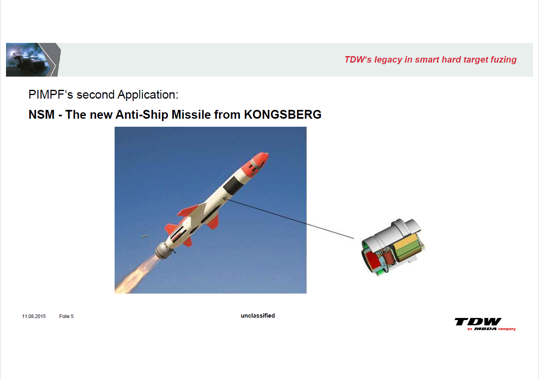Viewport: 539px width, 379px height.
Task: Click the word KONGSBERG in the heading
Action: coord(283,114)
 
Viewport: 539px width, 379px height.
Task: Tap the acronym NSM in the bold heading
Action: coord(42,114)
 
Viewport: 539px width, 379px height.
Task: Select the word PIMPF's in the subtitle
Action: coord(51,94)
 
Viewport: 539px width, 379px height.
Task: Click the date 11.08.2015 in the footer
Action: coord(34,316)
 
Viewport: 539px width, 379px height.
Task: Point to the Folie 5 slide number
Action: coord(67,316)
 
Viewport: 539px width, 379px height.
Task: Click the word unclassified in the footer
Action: coord(258,315)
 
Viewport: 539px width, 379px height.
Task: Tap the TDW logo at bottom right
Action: coord(478,322)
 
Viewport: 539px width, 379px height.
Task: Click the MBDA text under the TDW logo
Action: coord(485,329)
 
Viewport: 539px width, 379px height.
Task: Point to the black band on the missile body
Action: coord(233,184)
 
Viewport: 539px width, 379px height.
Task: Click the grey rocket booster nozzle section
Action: coord(162,250)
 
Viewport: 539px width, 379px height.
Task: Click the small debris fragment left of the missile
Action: coord(145,237)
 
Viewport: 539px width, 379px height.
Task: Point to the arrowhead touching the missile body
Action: coord(225,199)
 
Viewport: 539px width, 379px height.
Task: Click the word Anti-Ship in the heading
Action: coord(142,114)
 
